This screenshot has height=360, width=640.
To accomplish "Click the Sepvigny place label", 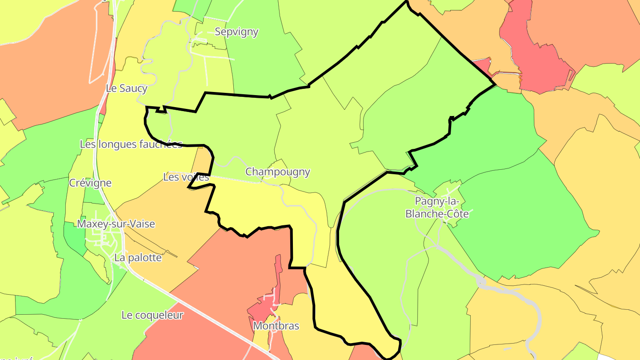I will click(236, 32).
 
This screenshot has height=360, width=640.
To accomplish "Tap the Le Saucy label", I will click(127, 88).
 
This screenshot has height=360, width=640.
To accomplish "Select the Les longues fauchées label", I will click(131, 144).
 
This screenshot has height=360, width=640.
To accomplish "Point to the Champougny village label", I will click(278, 172).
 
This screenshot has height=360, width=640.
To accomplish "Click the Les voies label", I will click(186, 177).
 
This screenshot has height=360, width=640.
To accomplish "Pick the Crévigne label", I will click(90, 183).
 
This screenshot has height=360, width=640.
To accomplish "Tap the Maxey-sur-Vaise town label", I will click(116, 224).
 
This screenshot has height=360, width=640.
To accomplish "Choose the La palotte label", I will click(138, 257).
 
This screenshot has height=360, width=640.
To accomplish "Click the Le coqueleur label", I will click(152, 315).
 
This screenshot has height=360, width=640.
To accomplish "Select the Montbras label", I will click(276, 326).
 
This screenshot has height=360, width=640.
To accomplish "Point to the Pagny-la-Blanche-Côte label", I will click(437, 208).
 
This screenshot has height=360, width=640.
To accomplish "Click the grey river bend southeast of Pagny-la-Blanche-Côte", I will click(536, 311).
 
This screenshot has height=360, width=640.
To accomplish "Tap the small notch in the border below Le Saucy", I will click(161, 110).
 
